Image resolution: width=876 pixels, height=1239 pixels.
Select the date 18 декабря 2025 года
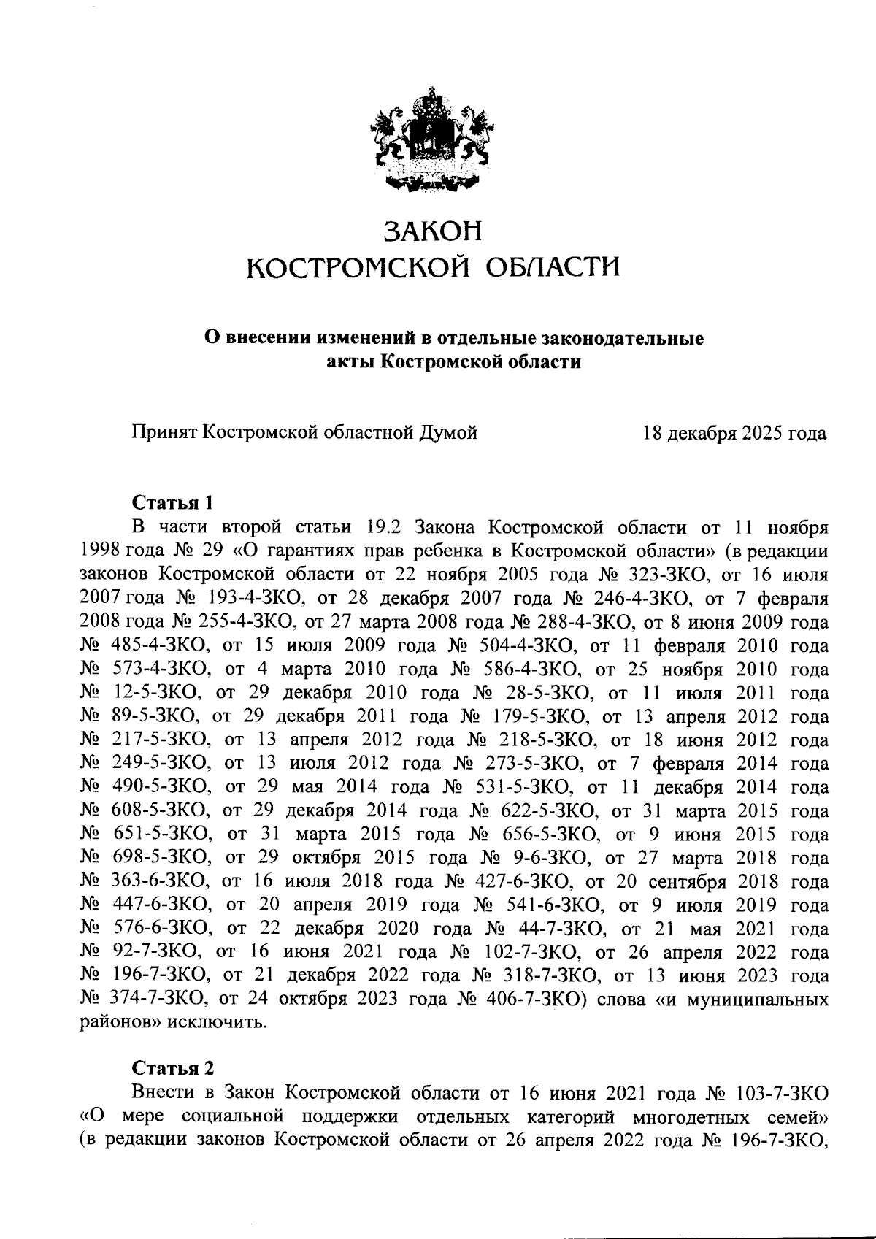point(734,434)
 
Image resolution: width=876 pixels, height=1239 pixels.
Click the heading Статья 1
point(172,504)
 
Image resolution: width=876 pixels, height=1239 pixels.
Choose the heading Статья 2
point(172,1068)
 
